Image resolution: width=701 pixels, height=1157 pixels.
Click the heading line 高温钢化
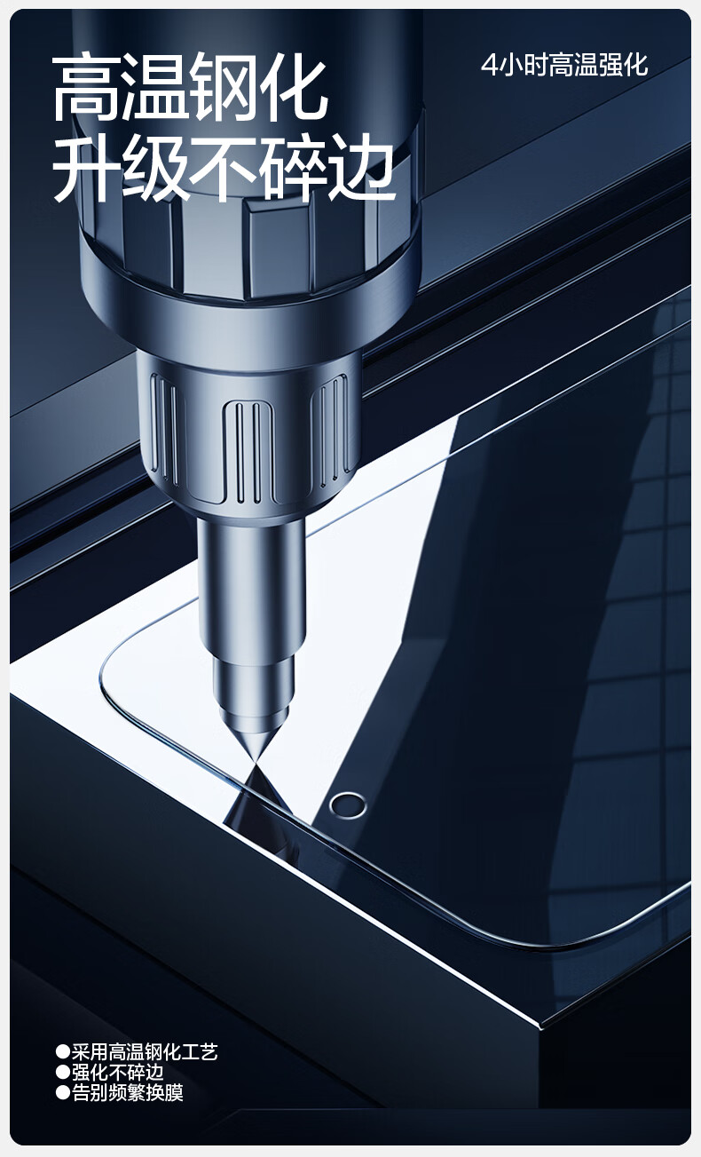(x=190, y=89)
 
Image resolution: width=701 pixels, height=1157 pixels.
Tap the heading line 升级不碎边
(x=224, y=167)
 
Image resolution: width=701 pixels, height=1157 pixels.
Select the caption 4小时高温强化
(x=564, y=66)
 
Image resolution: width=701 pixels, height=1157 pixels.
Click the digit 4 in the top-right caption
(x=488, y=66)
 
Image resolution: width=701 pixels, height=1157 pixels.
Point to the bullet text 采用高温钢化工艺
(x=144, y=1051)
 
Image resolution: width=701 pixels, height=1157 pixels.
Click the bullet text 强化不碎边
(x=117, y=1073)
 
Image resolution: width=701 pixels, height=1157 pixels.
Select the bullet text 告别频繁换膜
(x=127, y=1093)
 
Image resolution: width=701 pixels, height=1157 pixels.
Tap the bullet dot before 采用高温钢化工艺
(x=62, y=1052)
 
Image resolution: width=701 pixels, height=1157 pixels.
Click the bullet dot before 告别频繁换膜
(x=62, y=1093)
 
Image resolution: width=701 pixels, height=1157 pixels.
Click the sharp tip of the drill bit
(x=256, y=765)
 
